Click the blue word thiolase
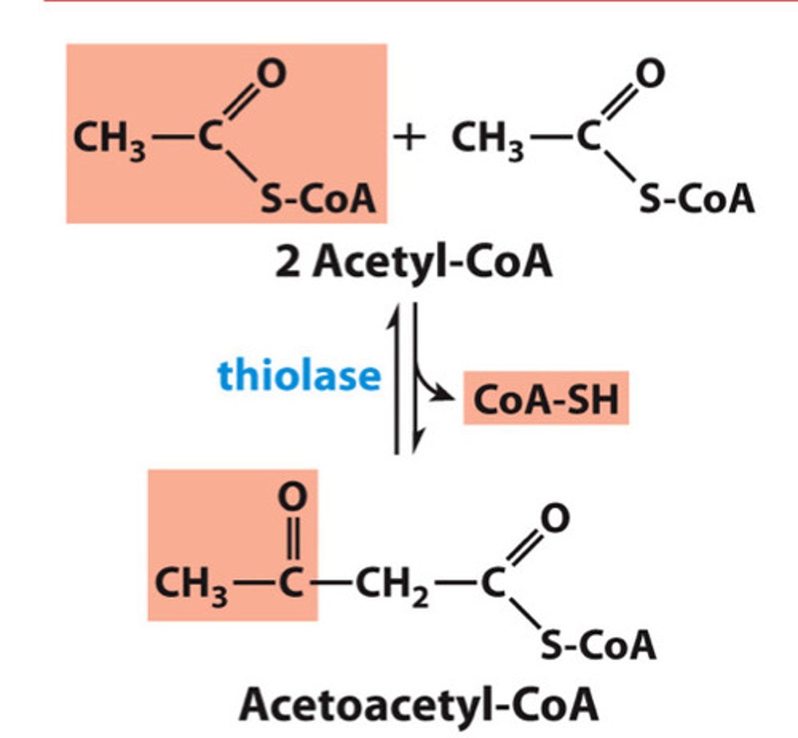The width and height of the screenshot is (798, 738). click(299, 376)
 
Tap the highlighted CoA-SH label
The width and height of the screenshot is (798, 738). click(545, 399)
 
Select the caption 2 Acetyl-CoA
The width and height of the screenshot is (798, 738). click(413, 263)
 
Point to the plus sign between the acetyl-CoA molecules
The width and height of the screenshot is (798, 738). click(409, 139)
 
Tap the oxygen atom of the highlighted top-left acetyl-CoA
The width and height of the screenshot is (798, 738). click(271, 74)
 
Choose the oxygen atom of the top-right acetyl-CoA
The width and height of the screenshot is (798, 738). click(650, 74)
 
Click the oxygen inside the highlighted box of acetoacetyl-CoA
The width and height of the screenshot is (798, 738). click(292, 497)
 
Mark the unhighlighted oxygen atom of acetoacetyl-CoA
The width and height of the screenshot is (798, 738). click(554, 518)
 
